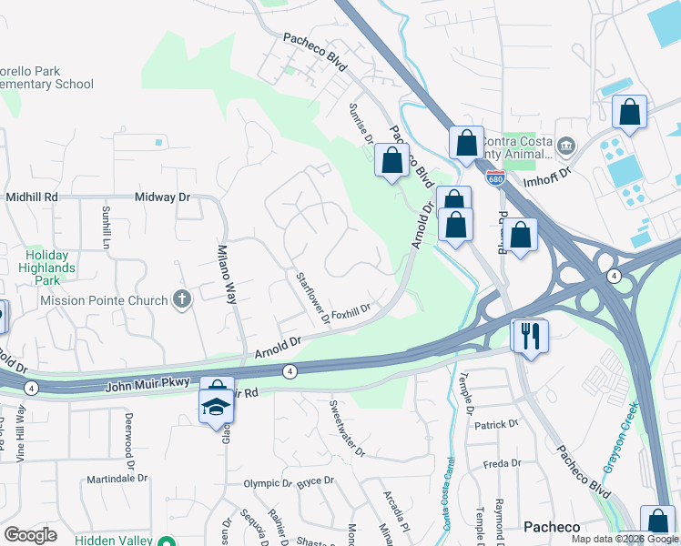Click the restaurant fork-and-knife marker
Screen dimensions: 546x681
click(x=529, y=336)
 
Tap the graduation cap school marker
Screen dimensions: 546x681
click(x=216, y=406)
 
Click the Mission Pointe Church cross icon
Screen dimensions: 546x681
click(x=182, y=298)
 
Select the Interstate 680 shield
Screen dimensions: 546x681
click(x=494, y=179)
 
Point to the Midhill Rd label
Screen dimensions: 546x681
click(x=32, y=197)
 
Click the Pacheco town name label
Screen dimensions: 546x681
click(x=552, y=527)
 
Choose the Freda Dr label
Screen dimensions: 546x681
click(x=502, y=463)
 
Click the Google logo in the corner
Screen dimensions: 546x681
click(x=30, y=535)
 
